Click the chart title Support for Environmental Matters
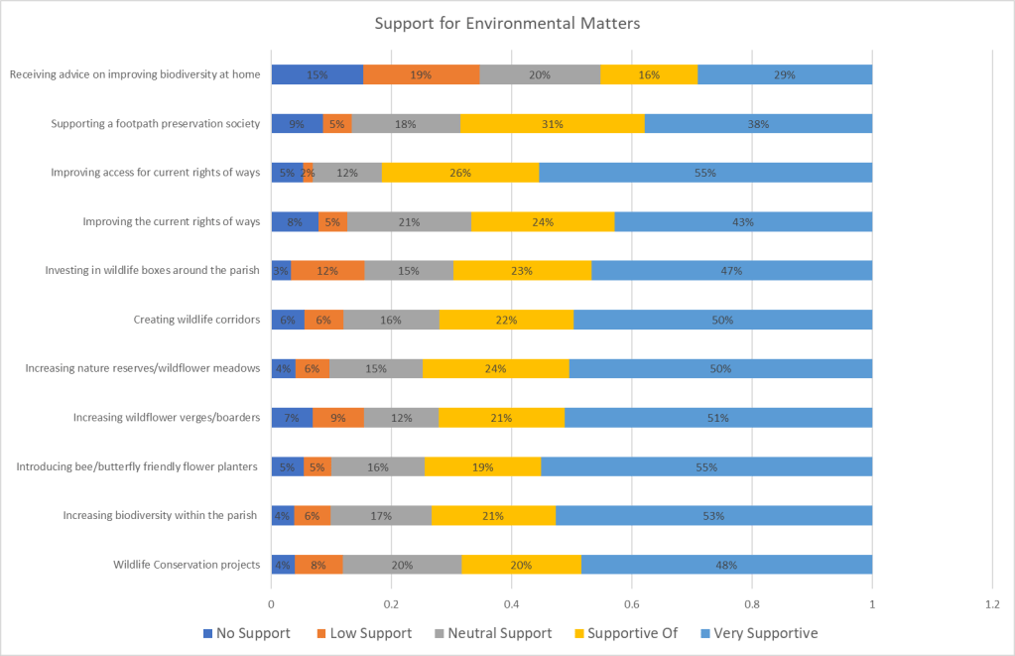pyautogui.click(x=507, y=23)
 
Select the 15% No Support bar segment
pyautogui.click(x=317, y=74)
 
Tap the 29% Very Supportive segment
pyautogui.click(x=785, y=74)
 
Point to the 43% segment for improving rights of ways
pyautogui.click(x=743, y=222)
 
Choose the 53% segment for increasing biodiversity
pyautogui.click(x=713, y=516)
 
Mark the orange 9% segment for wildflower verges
pyautogui.click(x=338, y=418)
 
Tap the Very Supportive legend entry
pyautogui.click(x=759, y=633)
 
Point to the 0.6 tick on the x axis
pyautogui.click(x=632, y=602)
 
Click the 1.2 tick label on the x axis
pyautogui.click(x=992, y=602)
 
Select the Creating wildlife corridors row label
pyautogui.click(x=196, y=320)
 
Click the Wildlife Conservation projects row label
pyautogui.click(x=187, y=565)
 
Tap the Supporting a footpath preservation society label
pyautogui.click(x=156, y=124)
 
